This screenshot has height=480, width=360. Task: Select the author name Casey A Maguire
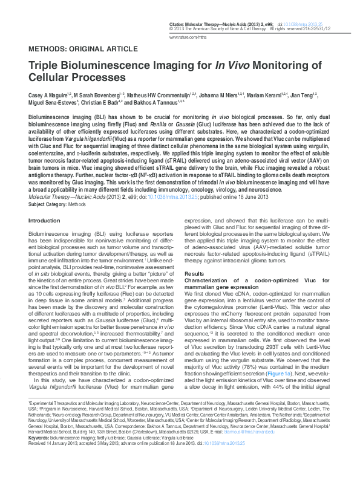pos(50,96)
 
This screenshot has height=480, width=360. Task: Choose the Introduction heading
pos(45,221)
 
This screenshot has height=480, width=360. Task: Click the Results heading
pos(194,274)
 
